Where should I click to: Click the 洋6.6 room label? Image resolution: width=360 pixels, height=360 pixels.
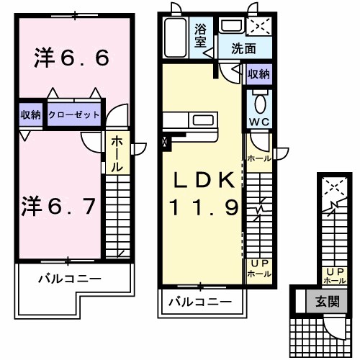pos(72,58)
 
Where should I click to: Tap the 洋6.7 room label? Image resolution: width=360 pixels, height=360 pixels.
pos(62,207)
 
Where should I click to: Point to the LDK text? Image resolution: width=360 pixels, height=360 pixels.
pos(202,179)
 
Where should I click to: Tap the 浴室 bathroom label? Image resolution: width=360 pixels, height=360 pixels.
pos(201,35)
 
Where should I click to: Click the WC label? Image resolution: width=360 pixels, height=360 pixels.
pos(259,122)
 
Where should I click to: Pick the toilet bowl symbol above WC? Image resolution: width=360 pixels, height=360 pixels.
pos(260,99)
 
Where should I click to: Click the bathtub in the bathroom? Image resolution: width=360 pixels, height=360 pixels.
pos(176,37)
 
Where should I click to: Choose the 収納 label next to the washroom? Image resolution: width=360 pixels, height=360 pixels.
pos(259,74)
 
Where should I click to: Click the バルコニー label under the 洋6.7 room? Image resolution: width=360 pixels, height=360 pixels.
pos(70,278)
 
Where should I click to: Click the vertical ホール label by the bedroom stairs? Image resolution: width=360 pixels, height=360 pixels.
pos(116,153)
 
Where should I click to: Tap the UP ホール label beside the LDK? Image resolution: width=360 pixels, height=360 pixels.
pos(259,269)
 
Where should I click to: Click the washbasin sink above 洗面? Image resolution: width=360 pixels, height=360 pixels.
pos(231,27)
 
